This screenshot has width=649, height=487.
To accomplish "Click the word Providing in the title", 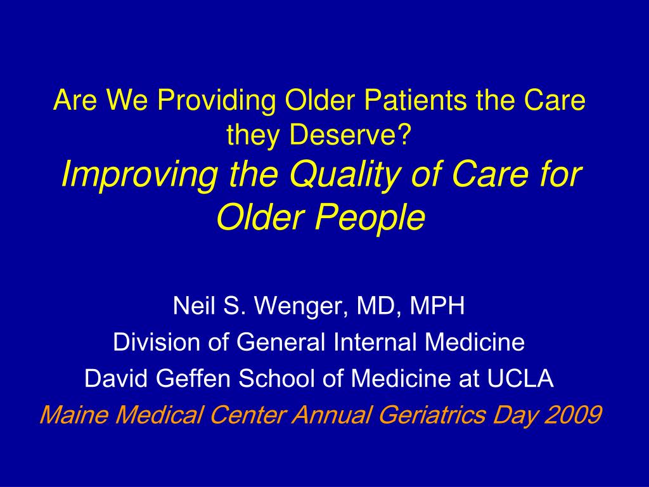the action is [216, 101].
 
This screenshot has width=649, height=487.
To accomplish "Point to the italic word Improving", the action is [139, 176].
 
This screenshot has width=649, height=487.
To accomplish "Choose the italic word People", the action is [370, 218].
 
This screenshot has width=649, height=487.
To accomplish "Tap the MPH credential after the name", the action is [437, 306].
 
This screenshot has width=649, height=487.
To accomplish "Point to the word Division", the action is [158, 342].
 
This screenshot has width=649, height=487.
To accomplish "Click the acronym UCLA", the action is [520, 378].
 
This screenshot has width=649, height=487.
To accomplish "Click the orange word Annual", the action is [331, 415].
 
